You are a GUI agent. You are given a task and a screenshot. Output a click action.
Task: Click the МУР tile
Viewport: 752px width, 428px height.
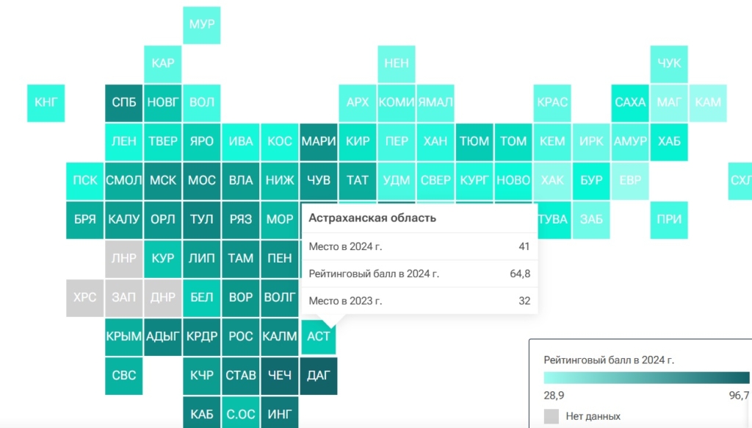(x=201, y=24)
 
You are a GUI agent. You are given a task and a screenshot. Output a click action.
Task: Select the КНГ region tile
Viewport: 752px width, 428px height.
(x=46, y=102)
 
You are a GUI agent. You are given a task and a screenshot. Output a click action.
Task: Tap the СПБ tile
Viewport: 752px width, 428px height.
(x=123, y=102)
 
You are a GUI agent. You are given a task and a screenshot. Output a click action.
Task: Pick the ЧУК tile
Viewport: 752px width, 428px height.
(x=669, y=63)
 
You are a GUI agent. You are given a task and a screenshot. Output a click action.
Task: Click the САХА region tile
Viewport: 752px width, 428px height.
(x=630, y=102)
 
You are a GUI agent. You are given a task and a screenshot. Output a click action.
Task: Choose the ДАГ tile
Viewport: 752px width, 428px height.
(x=318, y=375)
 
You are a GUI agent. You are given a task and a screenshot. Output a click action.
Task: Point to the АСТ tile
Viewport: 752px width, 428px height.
(x=318, y=337)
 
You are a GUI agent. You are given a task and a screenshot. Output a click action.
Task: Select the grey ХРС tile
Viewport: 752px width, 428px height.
(x=84, y=297)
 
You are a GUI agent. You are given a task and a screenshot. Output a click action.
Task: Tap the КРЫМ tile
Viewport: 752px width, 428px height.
(x=123, y=336)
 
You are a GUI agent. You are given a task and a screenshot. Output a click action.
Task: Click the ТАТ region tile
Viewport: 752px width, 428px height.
(x=358, y=180)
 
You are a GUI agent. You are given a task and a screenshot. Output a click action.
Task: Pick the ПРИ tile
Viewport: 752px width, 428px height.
(x=669, y=219)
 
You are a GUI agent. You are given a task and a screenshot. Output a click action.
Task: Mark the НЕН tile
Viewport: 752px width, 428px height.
(x=397, y=63)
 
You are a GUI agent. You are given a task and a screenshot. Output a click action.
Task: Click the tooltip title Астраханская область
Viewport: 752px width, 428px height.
(x=372, y=218)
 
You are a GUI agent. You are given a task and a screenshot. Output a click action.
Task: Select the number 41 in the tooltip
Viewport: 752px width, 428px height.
(x=524, y=246)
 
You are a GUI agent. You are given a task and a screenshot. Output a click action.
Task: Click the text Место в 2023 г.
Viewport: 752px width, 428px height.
(x=345, y=301)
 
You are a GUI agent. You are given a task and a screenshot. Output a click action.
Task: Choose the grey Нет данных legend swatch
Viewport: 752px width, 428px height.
(x=552, y=416)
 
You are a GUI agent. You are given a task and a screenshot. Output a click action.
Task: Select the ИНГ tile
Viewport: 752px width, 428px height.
(x=279, y=414)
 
